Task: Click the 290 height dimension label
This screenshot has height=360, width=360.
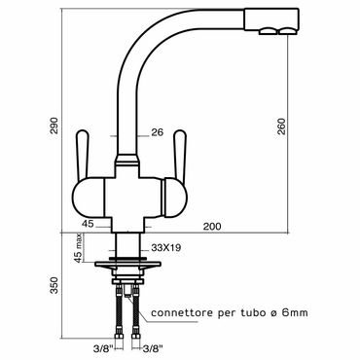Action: pos(54,126)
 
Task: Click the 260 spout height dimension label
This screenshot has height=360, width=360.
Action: pos(282,126)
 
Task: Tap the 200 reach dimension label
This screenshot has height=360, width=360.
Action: pos(212,226)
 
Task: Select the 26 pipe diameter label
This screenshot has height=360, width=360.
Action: pos(157,132)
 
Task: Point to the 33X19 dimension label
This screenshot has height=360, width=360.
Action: pos(166,248)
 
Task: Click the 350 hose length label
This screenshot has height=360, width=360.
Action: pos(54,285)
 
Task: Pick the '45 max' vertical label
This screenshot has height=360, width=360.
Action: pos(78,249)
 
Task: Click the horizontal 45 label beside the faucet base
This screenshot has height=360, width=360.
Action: pos(88,224)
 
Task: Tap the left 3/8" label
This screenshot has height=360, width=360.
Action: pos(103,349)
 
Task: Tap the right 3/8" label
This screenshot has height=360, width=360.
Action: pos(153,349)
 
